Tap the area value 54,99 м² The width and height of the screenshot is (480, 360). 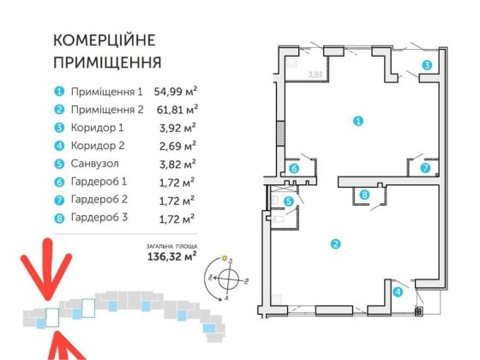click(176, 90)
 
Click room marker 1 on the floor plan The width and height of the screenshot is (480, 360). click(358, 122)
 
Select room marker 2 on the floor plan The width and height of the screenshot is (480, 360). click(335, 244)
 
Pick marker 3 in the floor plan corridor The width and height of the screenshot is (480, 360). click(426, 66)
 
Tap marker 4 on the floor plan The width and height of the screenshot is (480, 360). click(398, 291)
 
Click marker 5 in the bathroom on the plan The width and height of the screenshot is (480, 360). click(289, 202)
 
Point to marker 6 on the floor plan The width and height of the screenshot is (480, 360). click(294, 169)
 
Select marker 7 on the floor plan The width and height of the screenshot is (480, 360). click(424, 169)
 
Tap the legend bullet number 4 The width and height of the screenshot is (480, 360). click(59, 144)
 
